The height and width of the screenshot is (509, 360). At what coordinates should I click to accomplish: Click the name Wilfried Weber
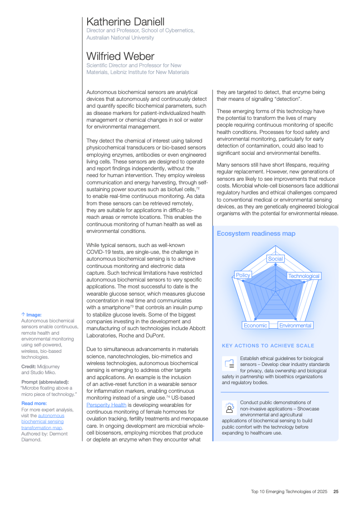click(120, 56)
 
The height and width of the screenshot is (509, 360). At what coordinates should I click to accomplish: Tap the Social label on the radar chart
click(275, 259)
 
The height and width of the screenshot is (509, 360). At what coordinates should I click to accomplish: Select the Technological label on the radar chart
click(304, 276)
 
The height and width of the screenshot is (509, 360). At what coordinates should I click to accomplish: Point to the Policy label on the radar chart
click(243, 275)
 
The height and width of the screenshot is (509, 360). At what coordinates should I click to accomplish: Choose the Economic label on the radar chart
click(255, 326)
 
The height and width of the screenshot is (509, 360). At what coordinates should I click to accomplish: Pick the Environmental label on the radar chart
click(295, 326)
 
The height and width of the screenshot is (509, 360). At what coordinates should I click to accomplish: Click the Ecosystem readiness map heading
click(256, 233)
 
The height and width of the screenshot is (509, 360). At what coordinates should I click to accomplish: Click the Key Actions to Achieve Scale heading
click(268, 346)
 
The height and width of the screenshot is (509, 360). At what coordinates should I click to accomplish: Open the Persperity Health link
click(107, 405)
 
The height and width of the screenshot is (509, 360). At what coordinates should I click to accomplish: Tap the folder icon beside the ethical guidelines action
click(229, 363)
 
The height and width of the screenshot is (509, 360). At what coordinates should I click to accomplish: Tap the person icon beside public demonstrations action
click(229, 407)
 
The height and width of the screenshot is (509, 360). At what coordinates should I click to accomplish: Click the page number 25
click(336, 491)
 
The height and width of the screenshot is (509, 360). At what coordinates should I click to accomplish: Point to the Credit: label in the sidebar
click(30, 366)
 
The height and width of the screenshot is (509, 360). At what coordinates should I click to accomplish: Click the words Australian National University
click(120, 38)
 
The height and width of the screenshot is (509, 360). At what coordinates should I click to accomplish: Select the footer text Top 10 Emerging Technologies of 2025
click(290, 491)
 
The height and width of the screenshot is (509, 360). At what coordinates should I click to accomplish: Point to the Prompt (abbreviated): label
click(45, 382)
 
